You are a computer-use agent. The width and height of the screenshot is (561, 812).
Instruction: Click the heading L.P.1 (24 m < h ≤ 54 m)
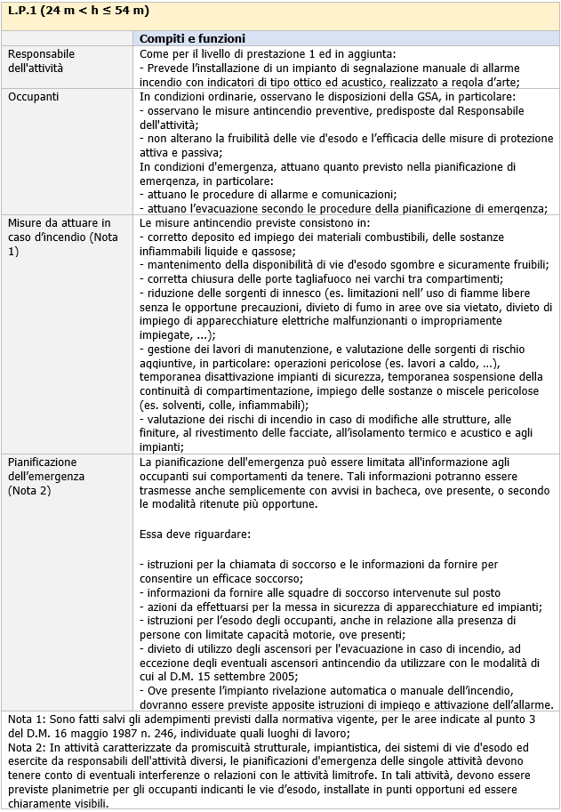click(78, 12)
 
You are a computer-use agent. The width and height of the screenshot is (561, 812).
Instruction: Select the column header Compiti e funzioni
click(193, 38)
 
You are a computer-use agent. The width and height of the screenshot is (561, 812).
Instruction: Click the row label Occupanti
click(36, 95)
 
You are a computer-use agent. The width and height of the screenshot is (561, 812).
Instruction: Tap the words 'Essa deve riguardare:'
click(196, 535)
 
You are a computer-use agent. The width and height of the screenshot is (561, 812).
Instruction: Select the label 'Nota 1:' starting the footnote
click(26, 718)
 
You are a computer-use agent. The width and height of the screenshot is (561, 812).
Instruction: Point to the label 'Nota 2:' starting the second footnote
click(26, 745)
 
